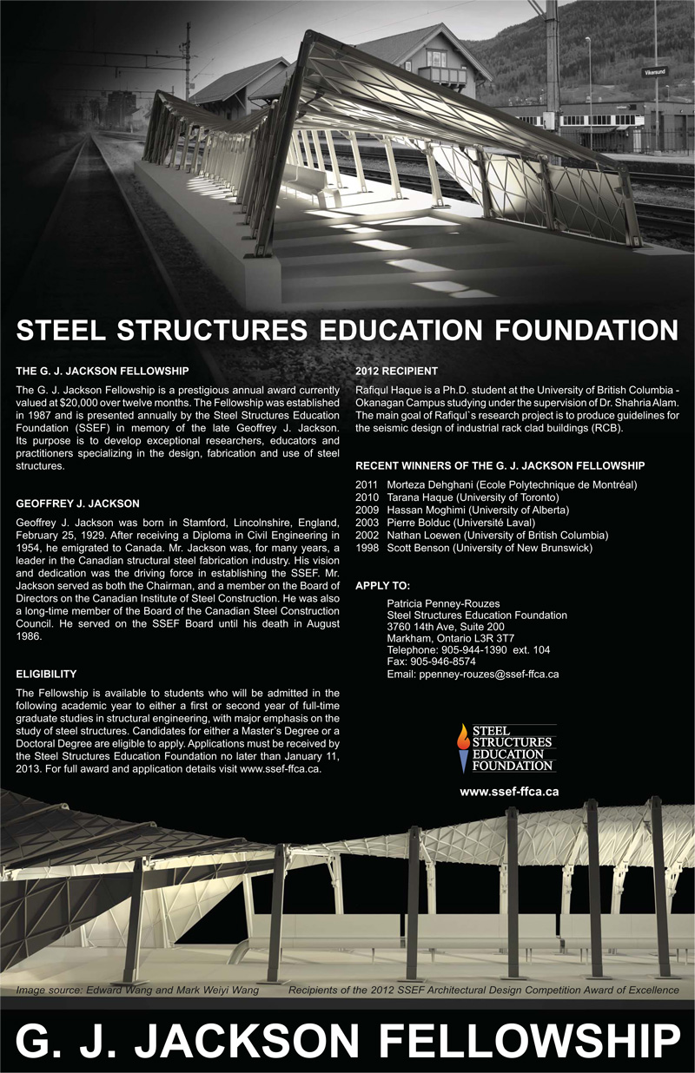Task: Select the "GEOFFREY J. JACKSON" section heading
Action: tap(77, 504)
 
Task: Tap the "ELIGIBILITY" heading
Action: tap(46, 649)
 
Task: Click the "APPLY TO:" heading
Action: tap(383, 586)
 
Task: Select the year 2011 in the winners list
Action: tap(368, 484)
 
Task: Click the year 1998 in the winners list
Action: tap(368, 548)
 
